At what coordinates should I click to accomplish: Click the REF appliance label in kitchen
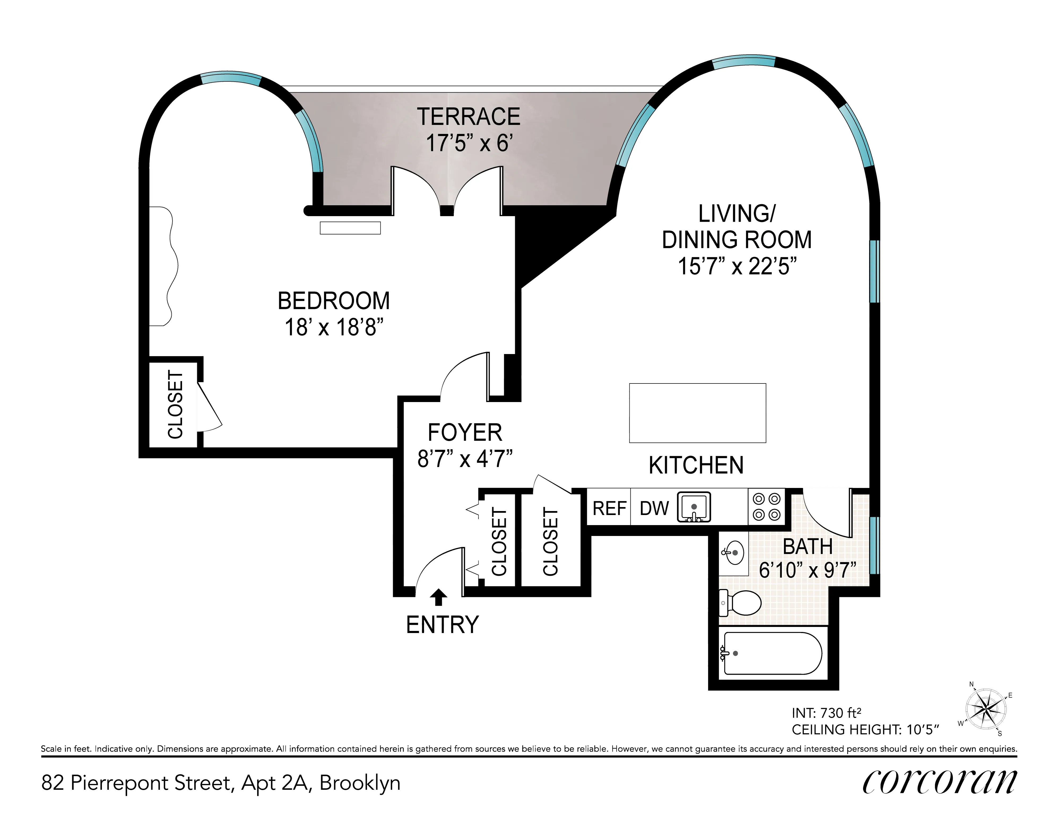pos(609,508)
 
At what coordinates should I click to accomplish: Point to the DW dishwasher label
pos(654,508)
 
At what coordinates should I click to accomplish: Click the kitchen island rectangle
pos(697,413)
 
